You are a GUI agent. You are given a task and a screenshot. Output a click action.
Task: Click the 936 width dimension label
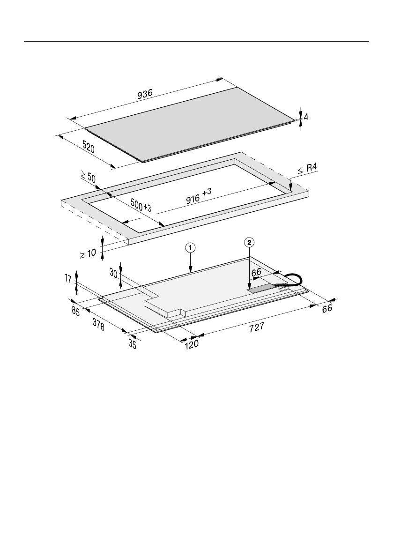pyautogui.click(x=145, y=94)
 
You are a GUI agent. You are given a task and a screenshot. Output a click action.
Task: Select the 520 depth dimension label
pyautogui.click(x=89, y=147)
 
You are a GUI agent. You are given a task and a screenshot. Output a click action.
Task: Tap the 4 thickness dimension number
pyautogui.click(x=306, y=117)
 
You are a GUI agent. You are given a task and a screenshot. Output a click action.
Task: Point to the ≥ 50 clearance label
pyautogui.click(x=88, y=177)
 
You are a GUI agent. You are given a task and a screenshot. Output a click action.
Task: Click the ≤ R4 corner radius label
pyautogui.click(x=307, y=168)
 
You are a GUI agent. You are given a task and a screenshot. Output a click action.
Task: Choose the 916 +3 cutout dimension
pyautogui.click(x=199, y=196)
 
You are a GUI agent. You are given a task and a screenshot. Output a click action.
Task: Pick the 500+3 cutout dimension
pyautogui.click(x=141, y=205)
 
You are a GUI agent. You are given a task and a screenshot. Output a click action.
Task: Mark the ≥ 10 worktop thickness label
pyautogui.click(x=88, y=253)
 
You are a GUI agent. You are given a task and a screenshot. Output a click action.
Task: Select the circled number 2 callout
pyautogui.click(x=249, y=243)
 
